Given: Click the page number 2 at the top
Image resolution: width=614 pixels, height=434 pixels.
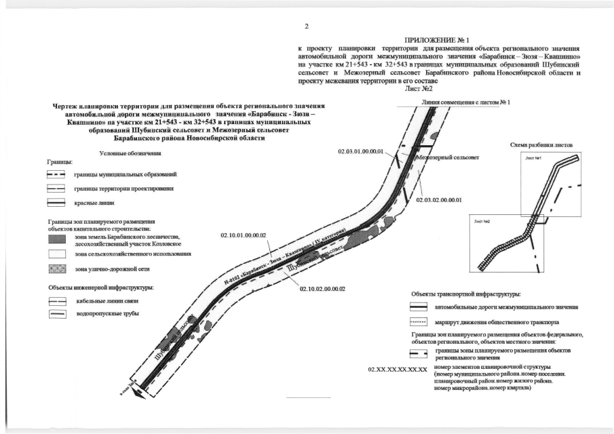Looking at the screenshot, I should click(307, 26).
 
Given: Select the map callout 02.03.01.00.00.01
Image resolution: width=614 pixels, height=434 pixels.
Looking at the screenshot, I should click(361, 151).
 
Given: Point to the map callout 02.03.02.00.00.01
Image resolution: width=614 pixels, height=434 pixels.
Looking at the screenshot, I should click(438, 200).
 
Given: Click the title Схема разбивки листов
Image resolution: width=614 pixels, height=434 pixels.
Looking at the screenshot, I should click(541, 146).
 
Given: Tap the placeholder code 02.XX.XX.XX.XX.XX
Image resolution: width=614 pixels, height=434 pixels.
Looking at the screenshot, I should click(397, 370).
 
